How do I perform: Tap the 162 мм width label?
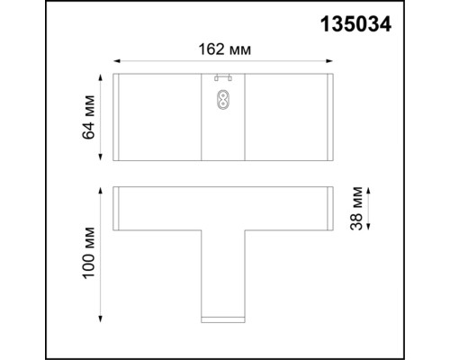click(223, 50)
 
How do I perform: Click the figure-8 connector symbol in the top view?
click(222, 99)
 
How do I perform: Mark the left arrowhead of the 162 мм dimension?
click(117, 63)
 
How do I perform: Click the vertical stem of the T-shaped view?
click(222, 270)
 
